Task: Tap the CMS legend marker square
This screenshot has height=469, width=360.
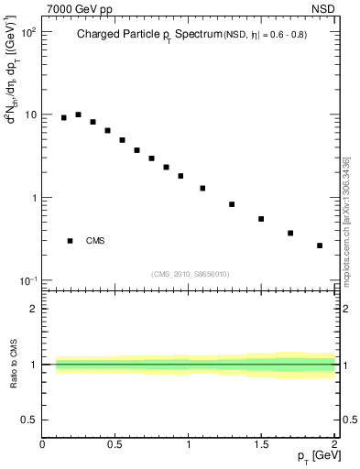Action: (71, 241)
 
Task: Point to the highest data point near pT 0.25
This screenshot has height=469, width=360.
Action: (79, 115)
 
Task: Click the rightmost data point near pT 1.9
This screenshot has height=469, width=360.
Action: (320, 245)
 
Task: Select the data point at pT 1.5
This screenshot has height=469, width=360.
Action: (261, 219)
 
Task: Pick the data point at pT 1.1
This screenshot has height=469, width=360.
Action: (202, 188)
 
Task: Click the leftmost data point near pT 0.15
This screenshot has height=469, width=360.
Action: (64, 117)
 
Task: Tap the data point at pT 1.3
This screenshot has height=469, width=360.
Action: (232, 204)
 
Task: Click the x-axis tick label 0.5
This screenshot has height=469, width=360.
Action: (115, 445)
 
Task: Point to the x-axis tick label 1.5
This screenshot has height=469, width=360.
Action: (261, 445)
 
